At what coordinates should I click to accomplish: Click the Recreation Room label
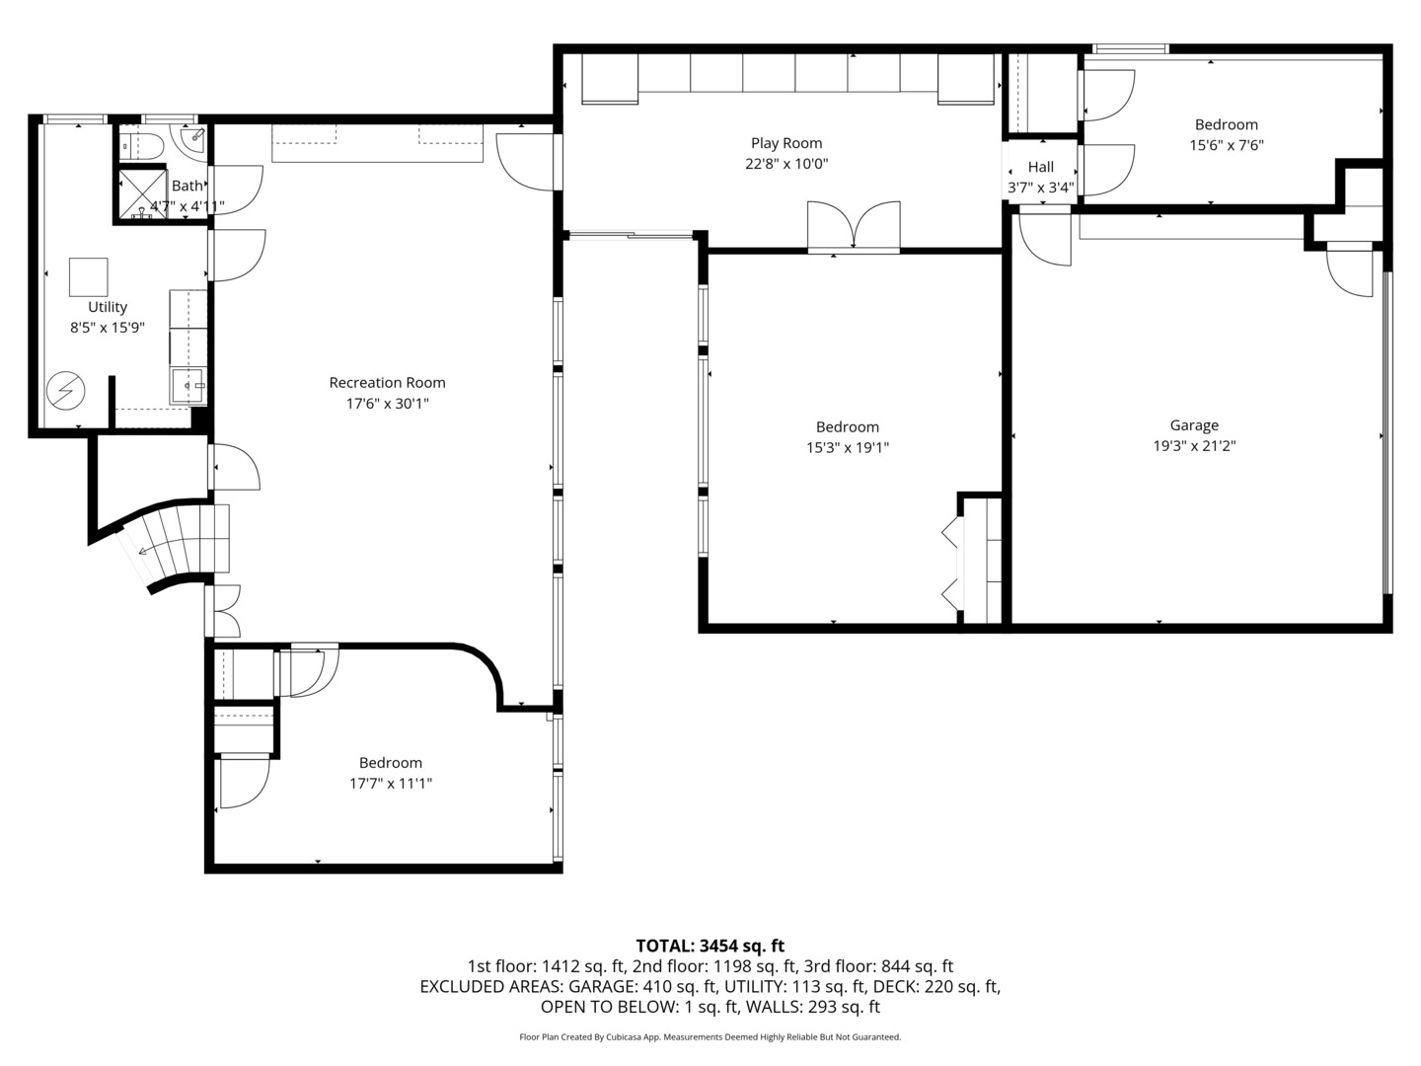387,383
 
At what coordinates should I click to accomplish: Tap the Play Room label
785,143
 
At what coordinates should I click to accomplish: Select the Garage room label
1194,425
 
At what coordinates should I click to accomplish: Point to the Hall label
1040,167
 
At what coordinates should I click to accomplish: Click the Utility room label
107,307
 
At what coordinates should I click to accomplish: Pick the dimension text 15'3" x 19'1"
847,447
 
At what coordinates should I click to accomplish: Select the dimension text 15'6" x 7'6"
1226,145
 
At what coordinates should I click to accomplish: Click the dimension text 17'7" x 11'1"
391,784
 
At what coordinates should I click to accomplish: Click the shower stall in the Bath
142,192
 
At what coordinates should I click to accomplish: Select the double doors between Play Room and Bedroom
854,227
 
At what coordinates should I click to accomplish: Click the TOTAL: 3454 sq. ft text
710,946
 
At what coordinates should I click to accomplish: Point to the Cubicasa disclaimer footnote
710,1037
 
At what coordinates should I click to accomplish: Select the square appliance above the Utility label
88,277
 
